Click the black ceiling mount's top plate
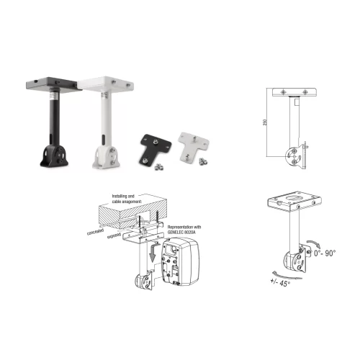tap(52, 84)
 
